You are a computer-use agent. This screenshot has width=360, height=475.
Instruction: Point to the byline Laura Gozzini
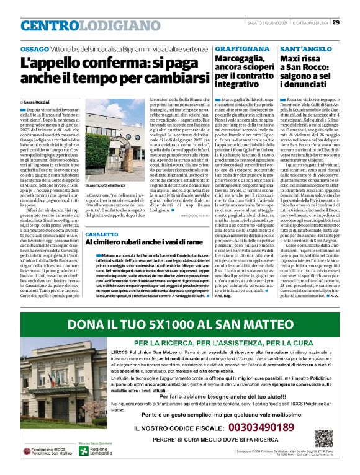coord(37,100)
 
